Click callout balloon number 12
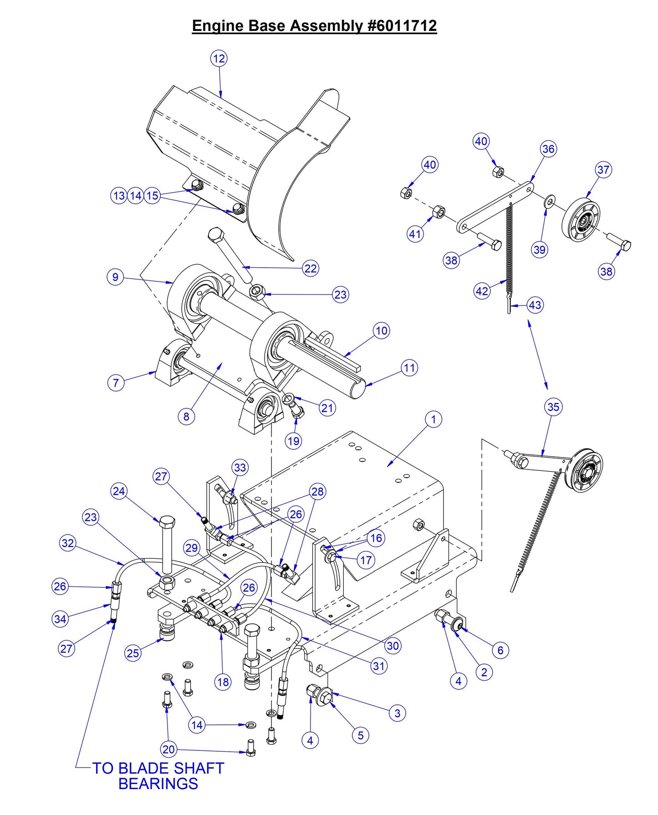point(219,58)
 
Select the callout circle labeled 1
point(433,419)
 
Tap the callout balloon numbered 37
point(603,169)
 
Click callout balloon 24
point(119,491)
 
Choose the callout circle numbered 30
point(393,645)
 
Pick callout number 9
point(116,277)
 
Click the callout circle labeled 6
point(500,650)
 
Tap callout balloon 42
point(482,290)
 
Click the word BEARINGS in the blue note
point(158,784)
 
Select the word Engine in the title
point(218,26)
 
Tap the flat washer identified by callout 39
point(550,200)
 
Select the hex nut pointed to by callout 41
point(438,211)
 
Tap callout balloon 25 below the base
point(133,653)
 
